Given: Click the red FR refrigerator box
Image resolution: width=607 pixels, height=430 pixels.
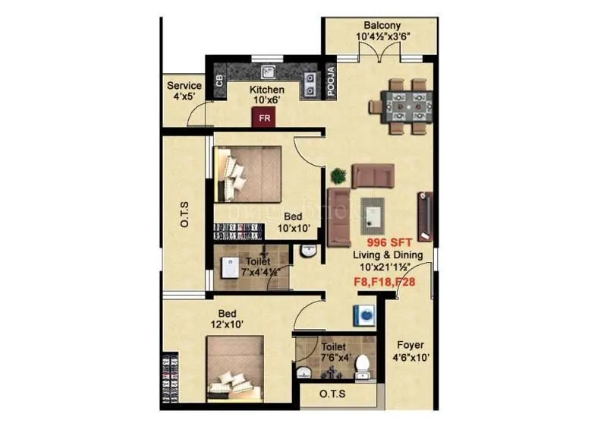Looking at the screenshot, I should click(264, 118).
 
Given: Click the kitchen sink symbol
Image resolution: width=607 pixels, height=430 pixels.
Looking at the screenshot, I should click(268, 72).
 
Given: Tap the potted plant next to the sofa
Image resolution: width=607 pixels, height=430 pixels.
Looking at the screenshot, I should click(339, 175).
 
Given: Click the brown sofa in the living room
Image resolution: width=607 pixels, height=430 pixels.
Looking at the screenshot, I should click(372, 175).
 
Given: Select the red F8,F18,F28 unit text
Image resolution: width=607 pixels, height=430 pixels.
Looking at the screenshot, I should click(385, 281).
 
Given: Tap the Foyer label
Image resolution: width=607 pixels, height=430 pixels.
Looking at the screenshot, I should click(410, 346).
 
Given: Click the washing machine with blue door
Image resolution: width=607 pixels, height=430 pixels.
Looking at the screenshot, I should click(363, 314).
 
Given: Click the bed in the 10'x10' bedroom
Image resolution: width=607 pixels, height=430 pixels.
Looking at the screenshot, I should click(248, 172).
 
